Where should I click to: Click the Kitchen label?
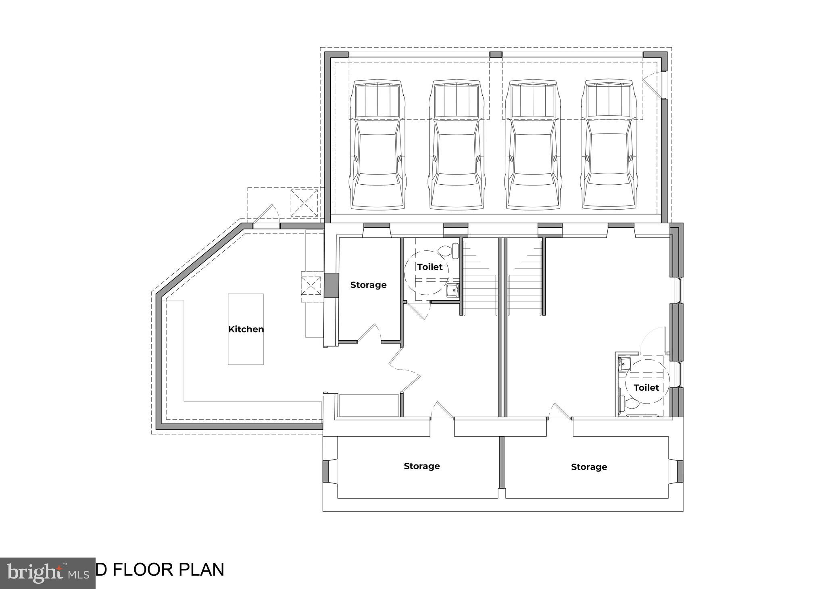point(246,329)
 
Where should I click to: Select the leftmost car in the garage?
point(378,145)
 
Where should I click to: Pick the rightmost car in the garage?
point(609,145)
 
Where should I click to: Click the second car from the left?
point(457,145)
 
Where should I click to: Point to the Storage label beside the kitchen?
point(368,285)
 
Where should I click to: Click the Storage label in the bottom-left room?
point(421,466)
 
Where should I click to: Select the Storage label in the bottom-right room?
point(588,467)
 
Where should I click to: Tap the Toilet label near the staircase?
point(430,267)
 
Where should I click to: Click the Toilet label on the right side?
point(646,387)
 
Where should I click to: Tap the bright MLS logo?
point(48,573)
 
